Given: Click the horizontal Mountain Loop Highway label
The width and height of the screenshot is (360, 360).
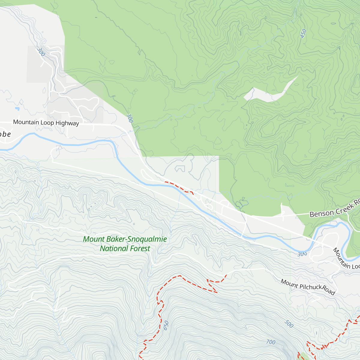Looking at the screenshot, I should click(46, 122).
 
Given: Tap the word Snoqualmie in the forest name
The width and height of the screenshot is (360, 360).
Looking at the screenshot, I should click(147, 239).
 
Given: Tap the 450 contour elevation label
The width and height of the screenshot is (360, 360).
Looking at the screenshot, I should click(304, 33).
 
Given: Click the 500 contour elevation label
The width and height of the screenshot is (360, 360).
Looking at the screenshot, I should click(289, 324).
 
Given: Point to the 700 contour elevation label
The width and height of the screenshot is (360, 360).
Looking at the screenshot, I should click(271, 342).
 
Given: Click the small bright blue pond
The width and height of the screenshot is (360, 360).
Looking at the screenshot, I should click(17, 108).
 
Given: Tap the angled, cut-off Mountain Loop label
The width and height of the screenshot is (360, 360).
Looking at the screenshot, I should click(346, 259).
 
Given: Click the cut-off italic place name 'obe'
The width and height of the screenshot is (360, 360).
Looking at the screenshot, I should click(5, 134).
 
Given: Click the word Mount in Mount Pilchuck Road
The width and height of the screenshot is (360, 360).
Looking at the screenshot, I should click(289, 283).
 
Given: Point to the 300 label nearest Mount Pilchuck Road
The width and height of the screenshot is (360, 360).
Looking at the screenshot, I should click(302, 254).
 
